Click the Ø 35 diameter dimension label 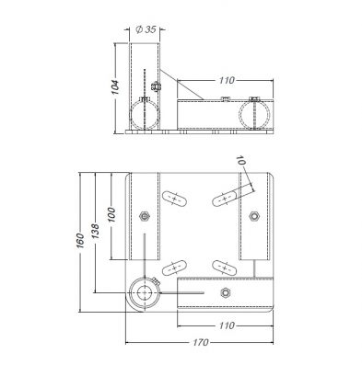pos(146,29)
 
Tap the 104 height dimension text pos(115,87)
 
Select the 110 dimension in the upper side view pos(227,80)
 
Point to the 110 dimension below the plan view pos(227,325)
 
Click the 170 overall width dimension pos(201,342)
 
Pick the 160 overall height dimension pos(79,241)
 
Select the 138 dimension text pos(96,232)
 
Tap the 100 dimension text pos(111,215)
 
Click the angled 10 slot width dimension pos(240,160)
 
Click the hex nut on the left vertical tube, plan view pos(144,216)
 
